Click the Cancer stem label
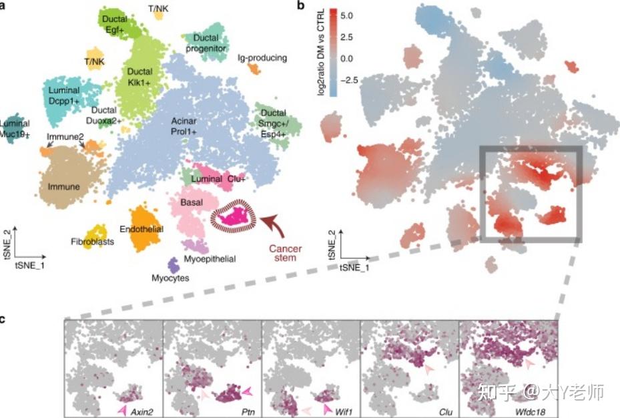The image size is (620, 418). (285, 254)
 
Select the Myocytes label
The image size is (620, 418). (170, 278)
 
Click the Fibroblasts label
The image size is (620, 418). (92, 241)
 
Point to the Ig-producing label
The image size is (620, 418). (262, 58)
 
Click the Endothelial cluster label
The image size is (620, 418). (141, 228)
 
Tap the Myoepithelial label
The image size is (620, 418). (210, 258)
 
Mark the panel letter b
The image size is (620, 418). (301, 6)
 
